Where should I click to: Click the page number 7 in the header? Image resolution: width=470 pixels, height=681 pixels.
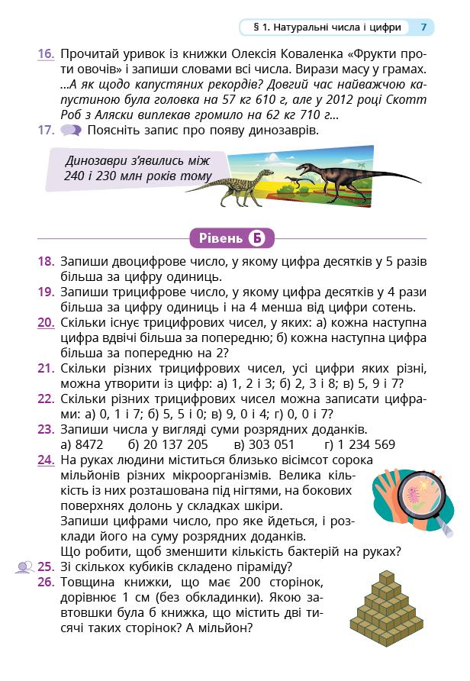[x=423, y=27]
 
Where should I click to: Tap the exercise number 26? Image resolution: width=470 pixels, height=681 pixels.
[x=45, y=583]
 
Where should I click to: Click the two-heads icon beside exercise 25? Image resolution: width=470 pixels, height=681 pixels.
[x=24, y=567]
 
